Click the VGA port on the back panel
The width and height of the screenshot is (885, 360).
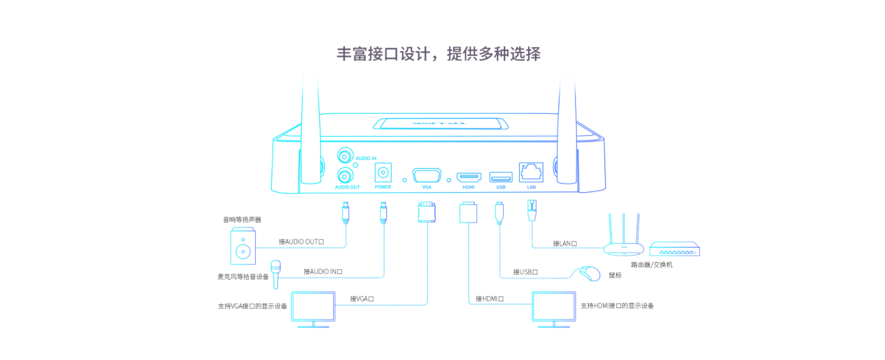(427, 176)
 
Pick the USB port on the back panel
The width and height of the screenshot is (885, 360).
(500, 177)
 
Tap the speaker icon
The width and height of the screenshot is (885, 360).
(243, 246)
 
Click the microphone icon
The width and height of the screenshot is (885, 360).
(276, 274)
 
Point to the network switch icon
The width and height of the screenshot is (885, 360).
(674, 250)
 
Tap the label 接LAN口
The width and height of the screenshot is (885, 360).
(565, 244)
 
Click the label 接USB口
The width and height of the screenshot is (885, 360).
(526, 272)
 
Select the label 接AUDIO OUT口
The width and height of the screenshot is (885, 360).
(301, 242)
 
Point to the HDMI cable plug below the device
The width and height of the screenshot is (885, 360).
(467, 212)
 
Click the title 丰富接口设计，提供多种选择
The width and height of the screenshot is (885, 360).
(439, 54)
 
